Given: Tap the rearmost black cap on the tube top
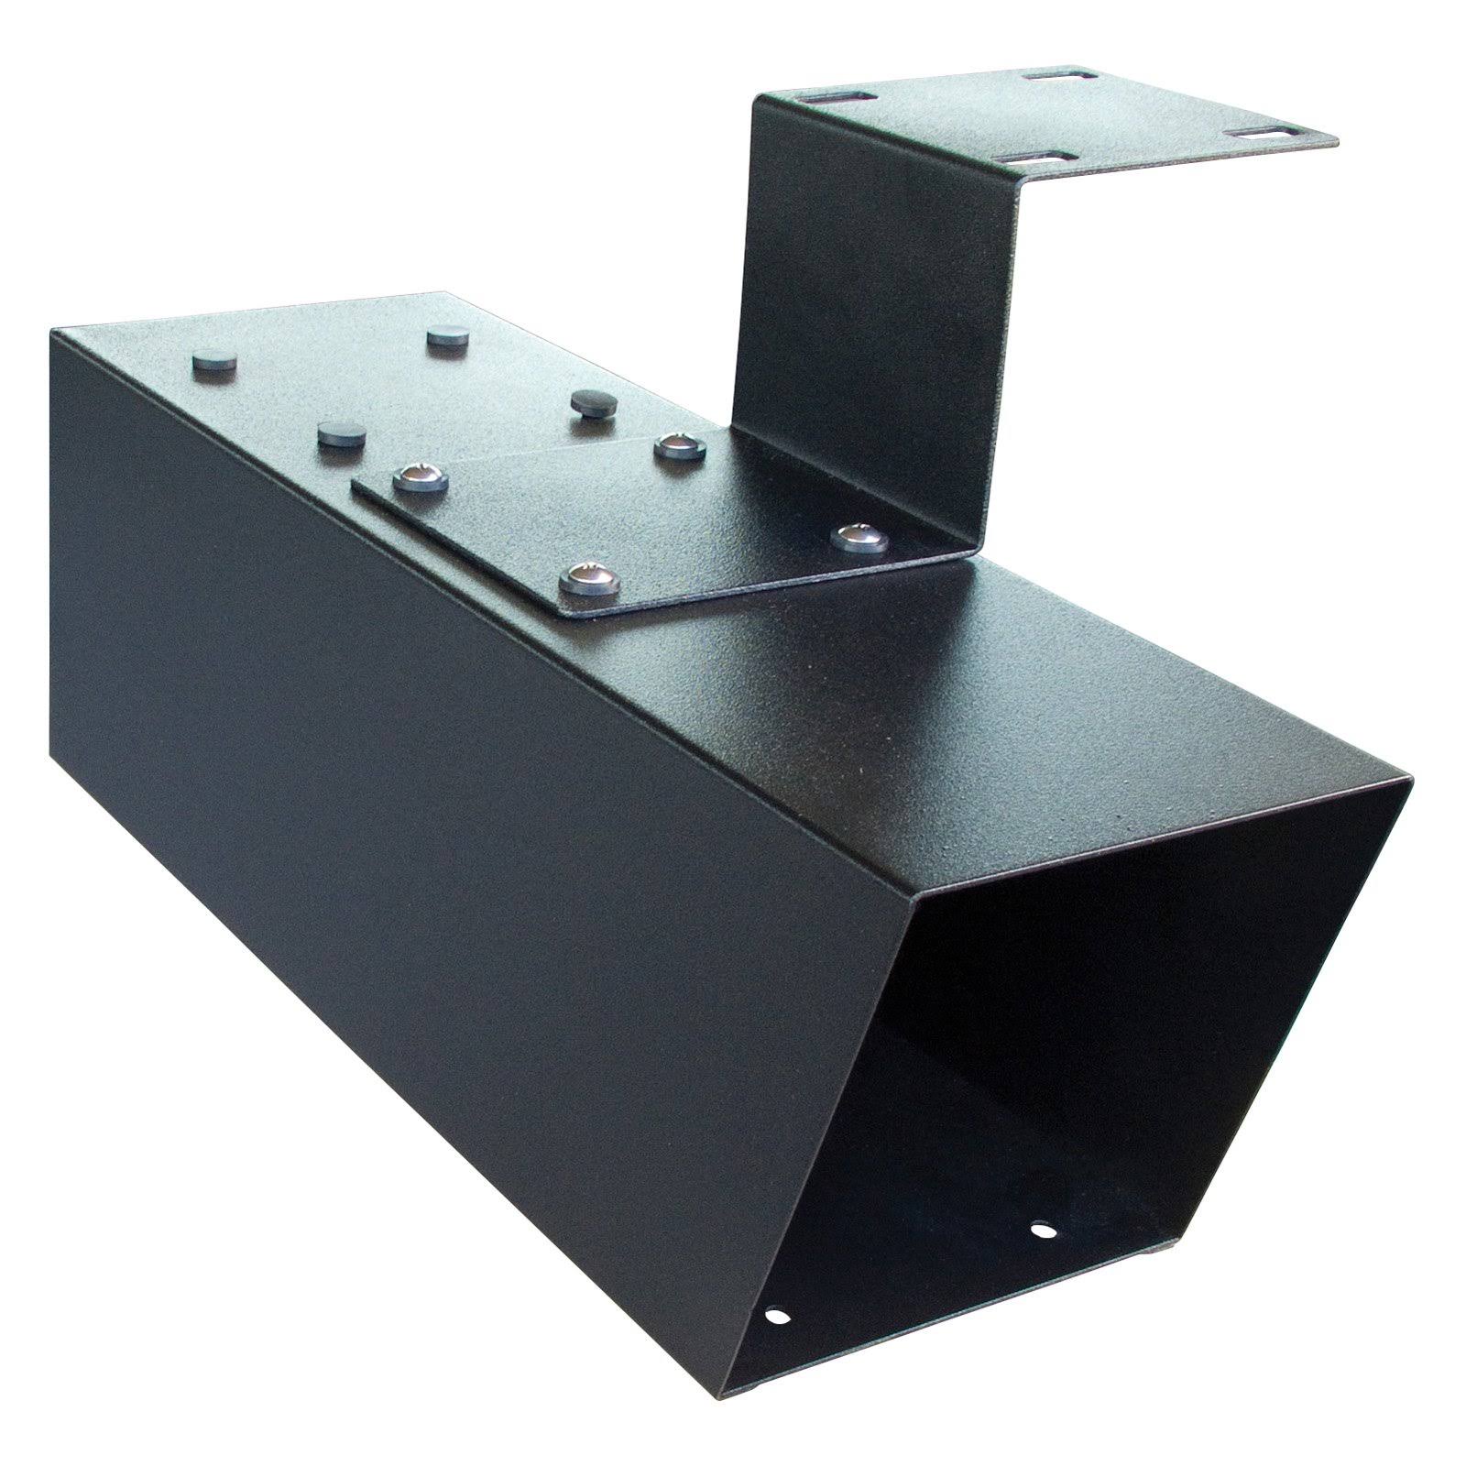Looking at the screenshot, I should tap(447, 335).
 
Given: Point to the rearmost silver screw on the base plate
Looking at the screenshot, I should tap(678, 447).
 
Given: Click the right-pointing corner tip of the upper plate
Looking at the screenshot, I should tap(1338, 142).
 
